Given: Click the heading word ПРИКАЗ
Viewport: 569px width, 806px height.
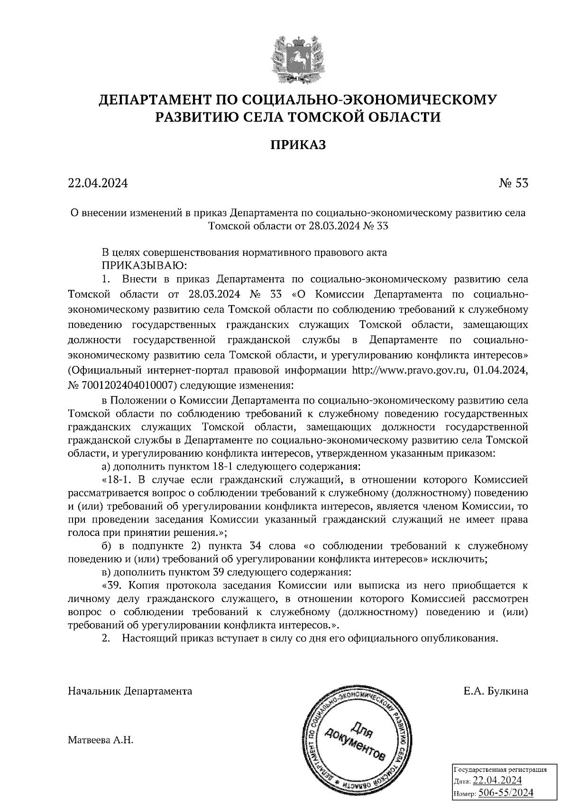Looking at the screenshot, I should pyautogui.click(x=298, y=145).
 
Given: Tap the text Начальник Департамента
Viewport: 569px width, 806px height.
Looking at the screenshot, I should pyautogui.click(x=130, y=691).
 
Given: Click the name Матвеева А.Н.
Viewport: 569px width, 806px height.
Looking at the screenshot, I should pyautogui.click(x=101, y=740).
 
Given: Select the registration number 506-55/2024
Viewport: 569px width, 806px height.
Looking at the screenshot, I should pyautogui.click(x=505, y=793).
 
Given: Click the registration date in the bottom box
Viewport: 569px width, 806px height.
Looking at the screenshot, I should pyautogui.click(x=497, y=781).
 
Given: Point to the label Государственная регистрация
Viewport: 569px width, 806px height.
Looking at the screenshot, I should pyautogui.click(x=501, y=769).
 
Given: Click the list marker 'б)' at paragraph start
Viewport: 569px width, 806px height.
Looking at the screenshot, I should pyautogui.click(x=107, y=546).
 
